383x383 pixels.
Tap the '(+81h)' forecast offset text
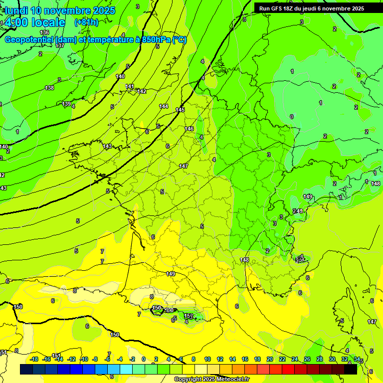[86, 22]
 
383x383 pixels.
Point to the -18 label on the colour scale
[34, 359]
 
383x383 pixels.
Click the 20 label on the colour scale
[270, 359]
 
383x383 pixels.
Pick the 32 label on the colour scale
[345, 359]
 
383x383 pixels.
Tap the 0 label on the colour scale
[144, 359]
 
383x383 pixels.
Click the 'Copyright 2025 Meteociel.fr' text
[212, 380]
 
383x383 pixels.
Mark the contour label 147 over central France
[184, 166]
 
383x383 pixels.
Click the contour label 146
[189, 129]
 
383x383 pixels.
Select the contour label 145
[180, 110]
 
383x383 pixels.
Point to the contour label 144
[164, 106]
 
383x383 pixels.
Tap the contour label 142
[142, 91]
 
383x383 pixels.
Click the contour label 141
[130, 86]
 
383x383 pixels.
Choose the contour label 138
[49, 88]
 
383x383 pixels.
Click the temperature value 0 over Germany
[292, 117]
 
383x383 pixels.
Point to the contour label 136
[44, 32]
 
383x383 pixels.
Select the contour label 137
[60, 45]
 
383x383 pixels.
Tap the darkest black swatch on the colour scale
[350, 370]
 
